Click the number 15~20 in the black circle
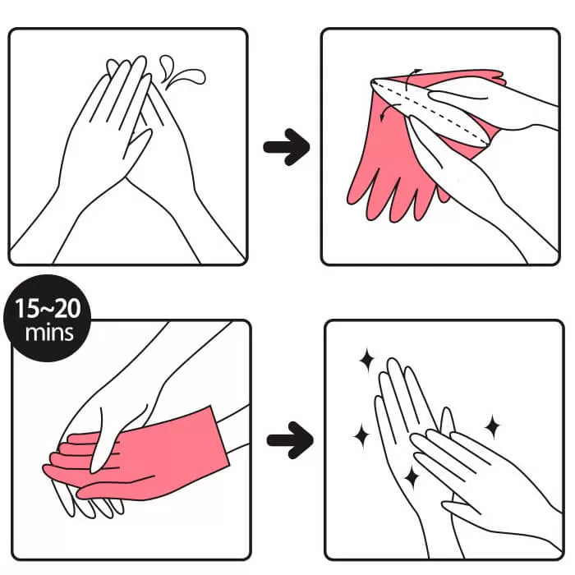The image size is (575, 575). [48, 308]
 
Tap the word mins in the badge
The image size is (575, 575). [49, 333]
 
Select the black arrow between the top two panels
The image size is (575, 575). [287, 147]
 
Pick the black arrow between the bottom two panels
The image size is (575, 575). [290, 440]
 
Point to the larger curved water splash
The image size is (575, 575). [187, 77]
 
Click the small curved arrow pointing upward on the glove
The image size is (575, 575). [412, 78]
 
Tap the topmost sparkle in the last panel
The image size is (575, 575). [366, 360]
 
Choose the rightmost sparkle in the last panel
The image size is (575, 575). [493, 426]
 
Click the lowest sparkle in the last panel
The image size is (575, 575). [412, 477]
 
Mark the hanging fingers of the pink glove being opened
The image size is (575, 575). [389, 195]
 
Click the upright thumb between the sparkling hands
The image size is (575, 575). [448, 421]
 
